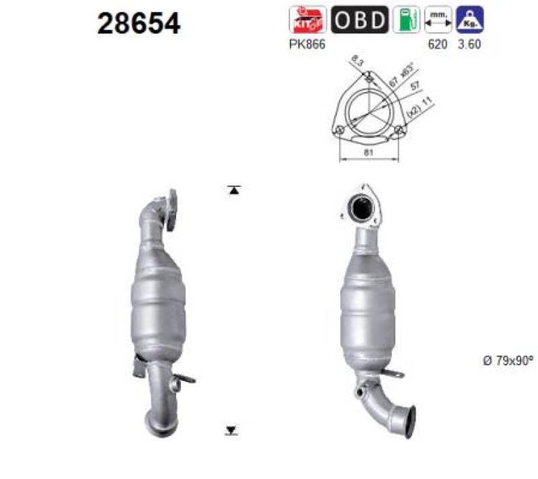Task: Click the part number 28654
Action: tap(139, 24)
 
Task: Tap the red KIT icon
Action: tap(307, 20)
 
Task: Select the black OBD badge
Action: tap(360, 20)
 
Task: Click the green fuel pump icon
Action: tap(404, 20)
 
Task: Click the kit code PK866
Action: tap(307, 44)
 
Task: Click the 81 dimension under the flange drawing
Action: tap(369, 153)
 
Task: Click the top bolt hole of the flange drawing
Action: tap(369, 79)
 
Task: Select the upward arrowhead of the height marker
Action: tap(233, 190)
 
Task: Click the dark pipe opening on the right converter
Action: tap(362, 208)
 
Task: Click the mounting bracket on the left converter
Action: tap(141, 367)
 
